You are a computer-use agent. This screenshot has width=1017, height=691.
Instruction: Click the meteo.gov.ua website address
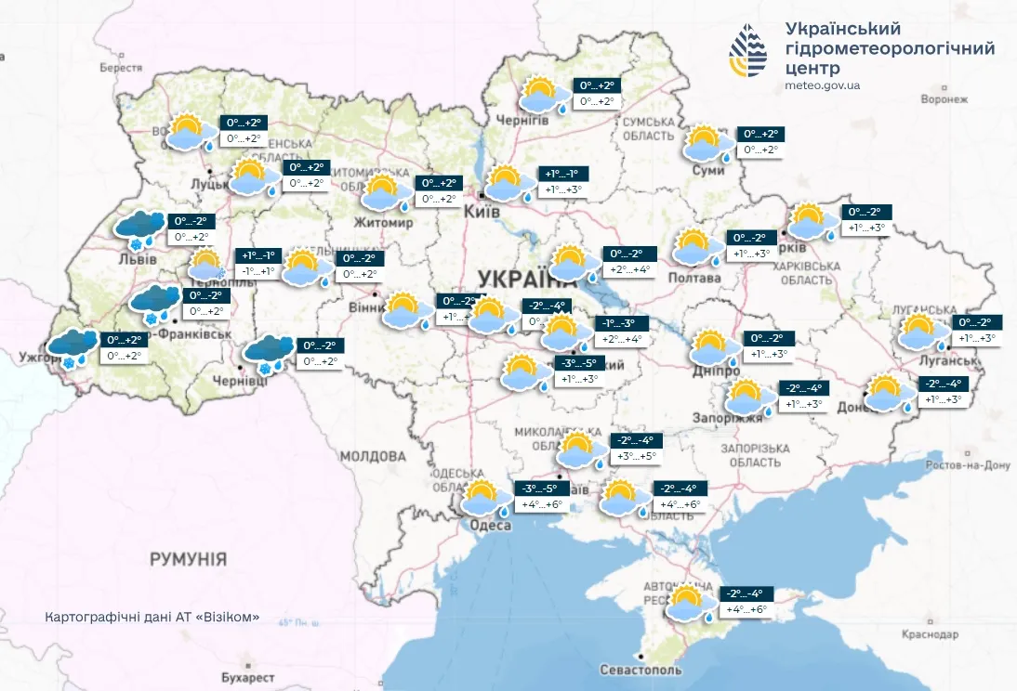pyautogui.click(x=823, y=85)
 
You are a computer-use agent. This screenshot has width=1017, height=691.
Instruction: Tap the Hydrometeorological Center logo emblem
pyautogui.click(x=748, y=52)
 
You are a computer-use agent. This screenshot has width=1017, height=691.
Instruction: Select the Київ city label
pyautogui.click(x=482, y=213)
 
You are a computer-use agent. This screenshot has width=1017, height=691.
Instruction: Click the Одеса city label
pyautogui.click(x=491, y=526)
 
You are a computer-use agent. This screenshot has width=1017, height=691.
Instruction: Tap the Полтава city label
pyautogui.click(x=693, y=278)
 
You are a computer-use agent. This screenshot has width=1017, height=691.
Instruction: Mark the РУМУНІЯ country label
pyautogui.click(x=188, y=558)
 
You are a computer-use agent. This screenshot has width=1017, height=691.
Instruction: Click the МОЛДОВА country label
pyautogui.click(x=373, y=456)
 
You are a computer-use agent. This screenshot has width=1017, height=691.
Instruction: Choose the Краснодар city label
pyautogui.click(x=929, y=634)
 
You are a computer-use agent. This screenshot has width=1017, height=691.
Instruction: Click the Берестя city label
pyautogui.click(x=121, y=68)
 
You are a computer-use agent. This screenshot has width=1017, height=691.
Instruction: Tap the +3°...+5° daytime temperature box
pyautogui.click(x=636, y=456)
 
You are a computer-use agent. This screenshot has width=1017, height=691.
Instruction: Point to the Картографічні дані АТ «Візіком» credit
pyautogui.click(x=152, y=618)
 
